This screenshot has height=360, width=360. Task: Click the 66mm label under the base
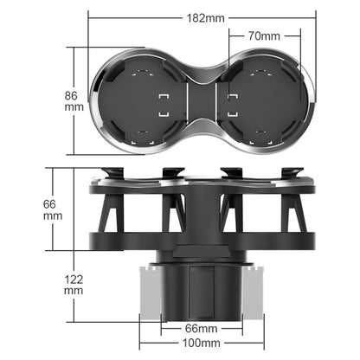pos(201,330)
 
